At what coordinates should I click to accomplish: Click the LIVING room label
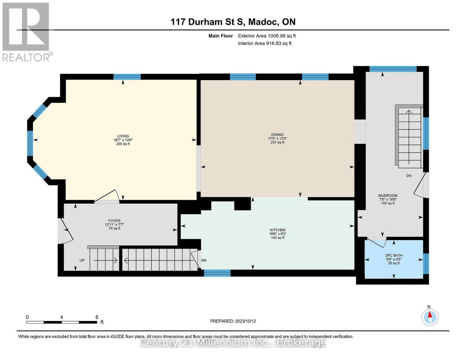(x=123, y=136)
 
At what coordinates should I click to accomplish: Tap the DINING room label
(x=277, y=135)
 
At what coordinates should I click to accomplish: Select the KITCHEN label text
(x=277, y=230)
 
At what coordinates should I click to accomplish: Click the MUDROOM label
(x=388, y=196)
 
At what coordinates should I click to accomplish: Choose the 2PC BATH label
(x=394, y=256)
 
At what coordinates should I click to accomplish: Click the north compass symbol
(x=430, y=317)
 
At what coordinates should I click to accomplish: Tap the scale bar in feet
(x=61, y=322)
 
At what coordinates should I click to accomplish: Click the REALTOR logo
(x=26, y=32)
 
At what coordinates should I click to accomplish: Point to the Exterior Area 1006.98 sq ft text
(x=267, y=36)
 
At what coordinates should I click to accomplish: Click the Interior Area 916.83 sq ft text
(x=264, y=43)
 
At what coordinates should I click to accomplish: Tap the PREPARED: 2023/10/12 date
(x=233, y=321)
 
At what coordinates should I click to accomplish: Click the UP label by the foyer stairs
(x=82, y=260)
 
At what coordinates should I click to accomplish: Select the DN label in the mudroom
(x=409, y=176)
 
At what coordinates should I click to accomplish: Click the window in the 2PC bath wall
(x=426, y=264)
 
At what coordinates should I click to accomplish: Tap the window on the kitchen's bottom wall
(x=217, y=273)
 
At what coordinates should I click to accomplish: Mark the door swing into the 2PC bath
(x=377, y=241)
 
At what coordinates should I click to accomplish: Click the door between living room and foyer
(x=107, y=196)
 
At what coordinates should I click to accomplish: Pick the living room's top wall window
(x=127, y=77)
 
